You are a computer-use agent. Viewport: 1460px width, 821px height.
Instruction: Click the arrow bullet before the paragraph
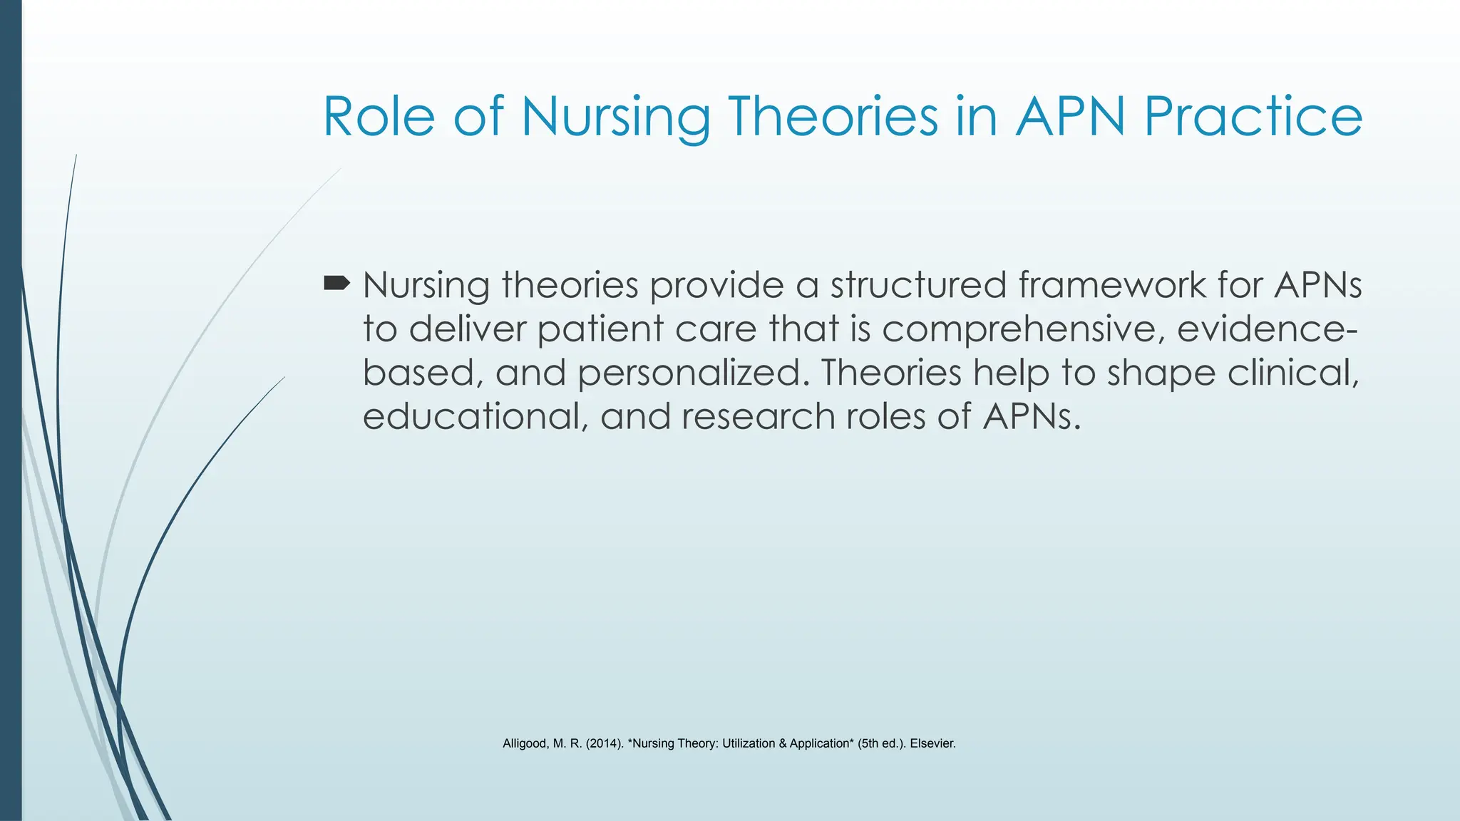click(336, 284)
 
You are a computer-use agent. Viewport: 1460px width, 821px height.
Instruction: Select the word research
click(759, 416)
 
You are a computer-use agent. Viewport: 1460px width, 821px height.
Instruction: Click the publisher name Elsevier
click(932, 744)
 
